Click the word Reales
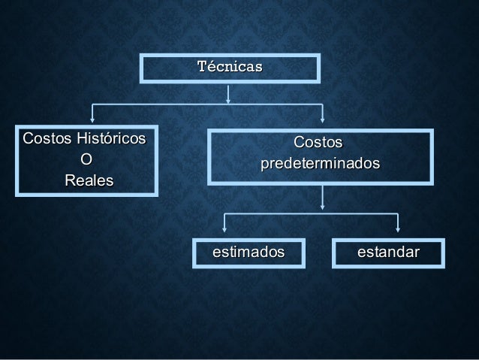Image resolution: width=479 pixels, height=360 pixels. click(89, 181)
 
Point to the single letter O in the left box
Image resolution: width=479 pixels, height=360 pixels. click(86, 160)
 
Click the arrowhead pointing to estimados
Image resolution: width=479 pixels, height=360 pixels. click(224, 229)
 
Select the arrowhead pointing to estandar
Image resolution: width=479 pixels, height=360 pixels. click(397, 229)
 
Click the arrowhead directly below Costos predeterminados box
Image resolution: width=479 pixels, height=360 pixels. click(322, 205)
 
